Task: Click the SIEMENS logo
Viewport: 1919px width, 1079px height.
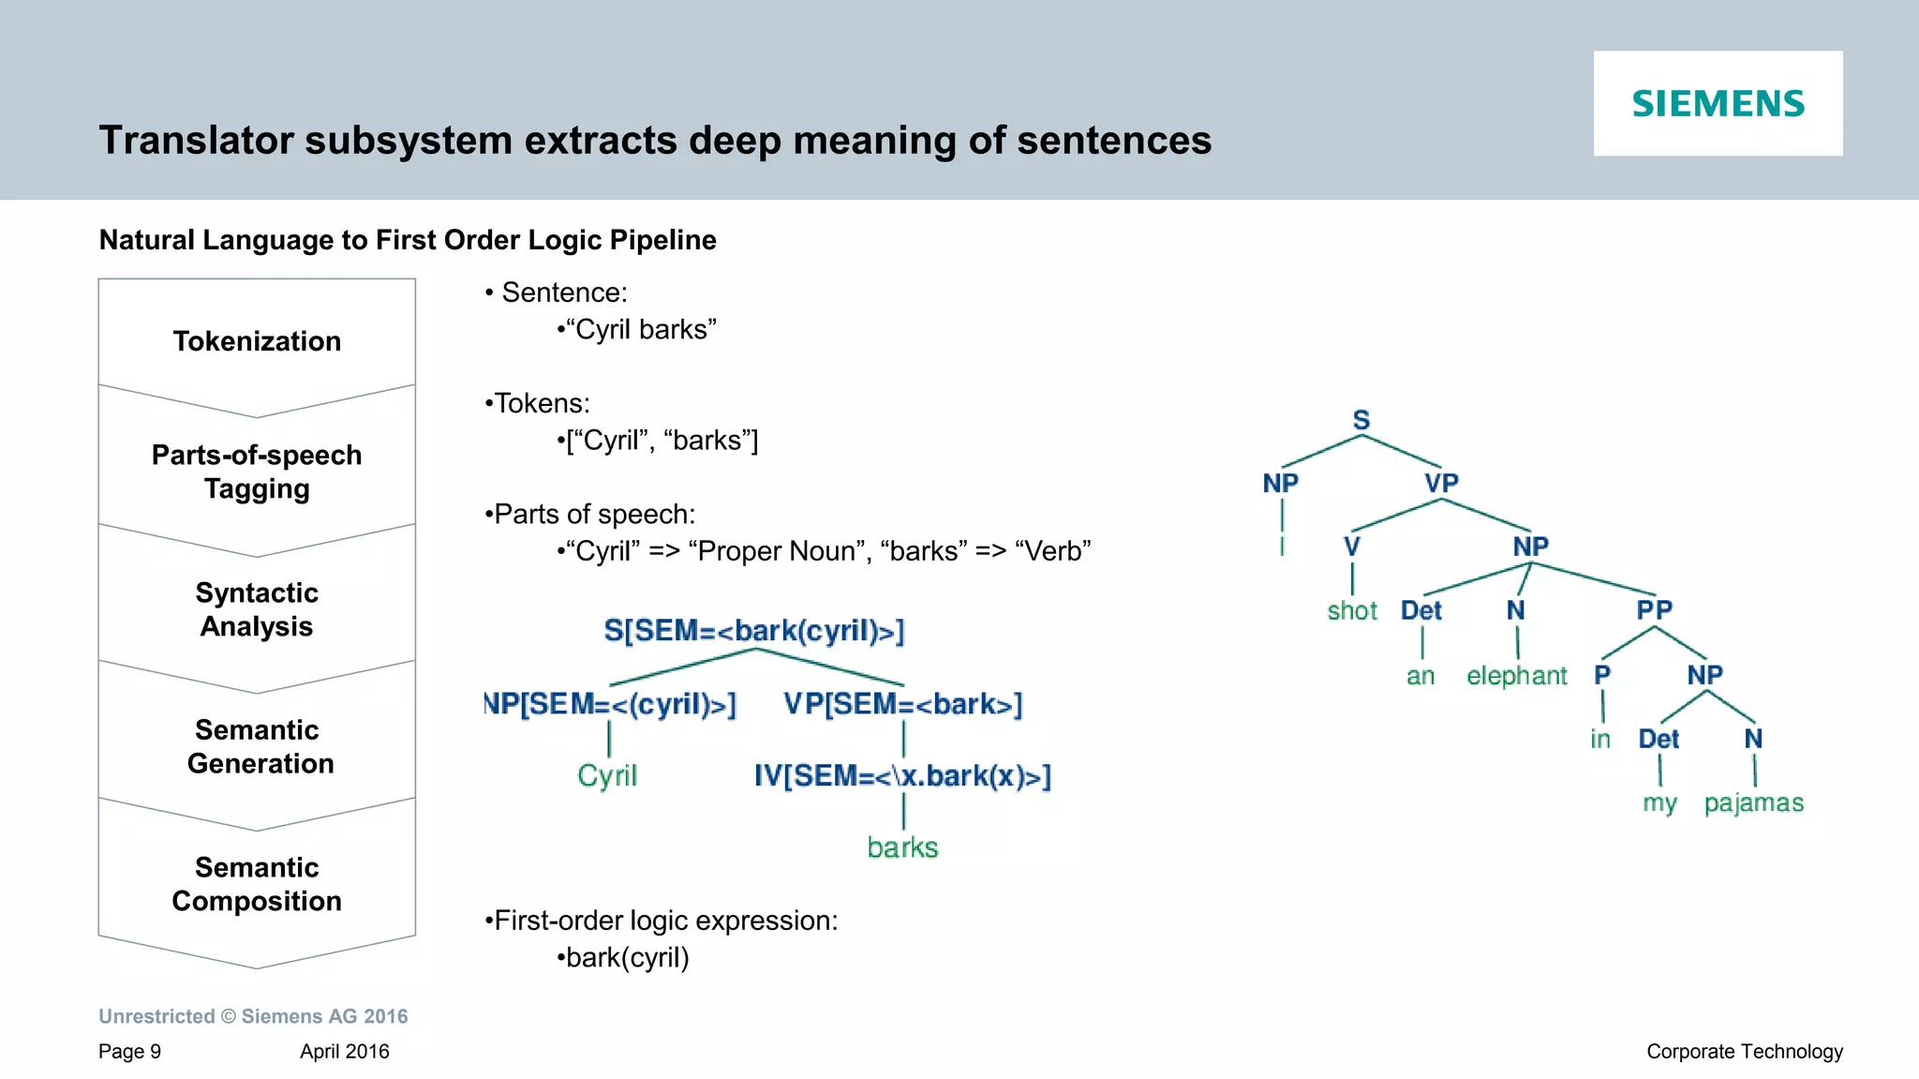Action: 1718,103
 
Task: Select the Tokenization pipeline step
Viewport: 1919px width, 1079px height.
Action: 257,341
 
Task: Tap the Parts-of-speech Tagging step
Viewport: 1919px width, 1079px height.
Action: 257,472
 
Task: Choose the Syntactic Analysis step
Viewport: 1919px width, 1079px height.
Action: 257,609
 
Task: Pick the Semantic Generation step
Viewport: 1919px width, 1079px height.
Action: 259,746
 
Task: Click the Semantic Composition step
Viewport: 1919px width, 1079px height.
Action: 257,884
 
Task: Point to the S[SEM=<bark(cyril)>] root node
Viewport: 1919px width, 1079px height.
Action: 753,631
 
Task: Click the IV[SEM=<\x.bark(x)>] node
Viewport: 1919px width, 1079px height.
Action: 902,776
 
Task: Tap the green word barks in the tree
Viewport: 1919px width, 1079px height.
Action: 902,847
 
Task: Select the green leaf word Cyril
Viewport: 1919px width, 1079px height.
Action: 607,776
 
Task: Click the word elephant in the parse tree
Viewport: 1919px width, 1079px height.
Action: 1516,676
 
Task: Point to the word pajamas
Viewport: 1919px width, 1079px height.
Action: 1753,803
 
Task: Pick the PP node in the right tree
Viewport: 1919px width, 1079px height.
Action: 1654,610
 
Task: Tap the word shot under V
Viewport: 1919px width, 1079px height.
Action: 1352,611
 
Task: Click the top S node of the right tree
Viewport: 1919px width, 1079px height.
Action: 1361,420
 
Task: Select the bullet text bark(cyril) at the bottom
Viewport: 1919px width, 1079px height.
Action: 627,958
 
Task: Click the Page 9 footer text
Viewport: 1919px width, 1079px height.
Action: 129,1052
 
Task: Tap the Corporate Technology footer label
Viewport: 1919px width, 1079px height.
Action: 1744,1052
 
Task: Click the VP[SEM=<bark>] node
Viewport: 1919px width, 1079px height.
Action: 902,704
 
